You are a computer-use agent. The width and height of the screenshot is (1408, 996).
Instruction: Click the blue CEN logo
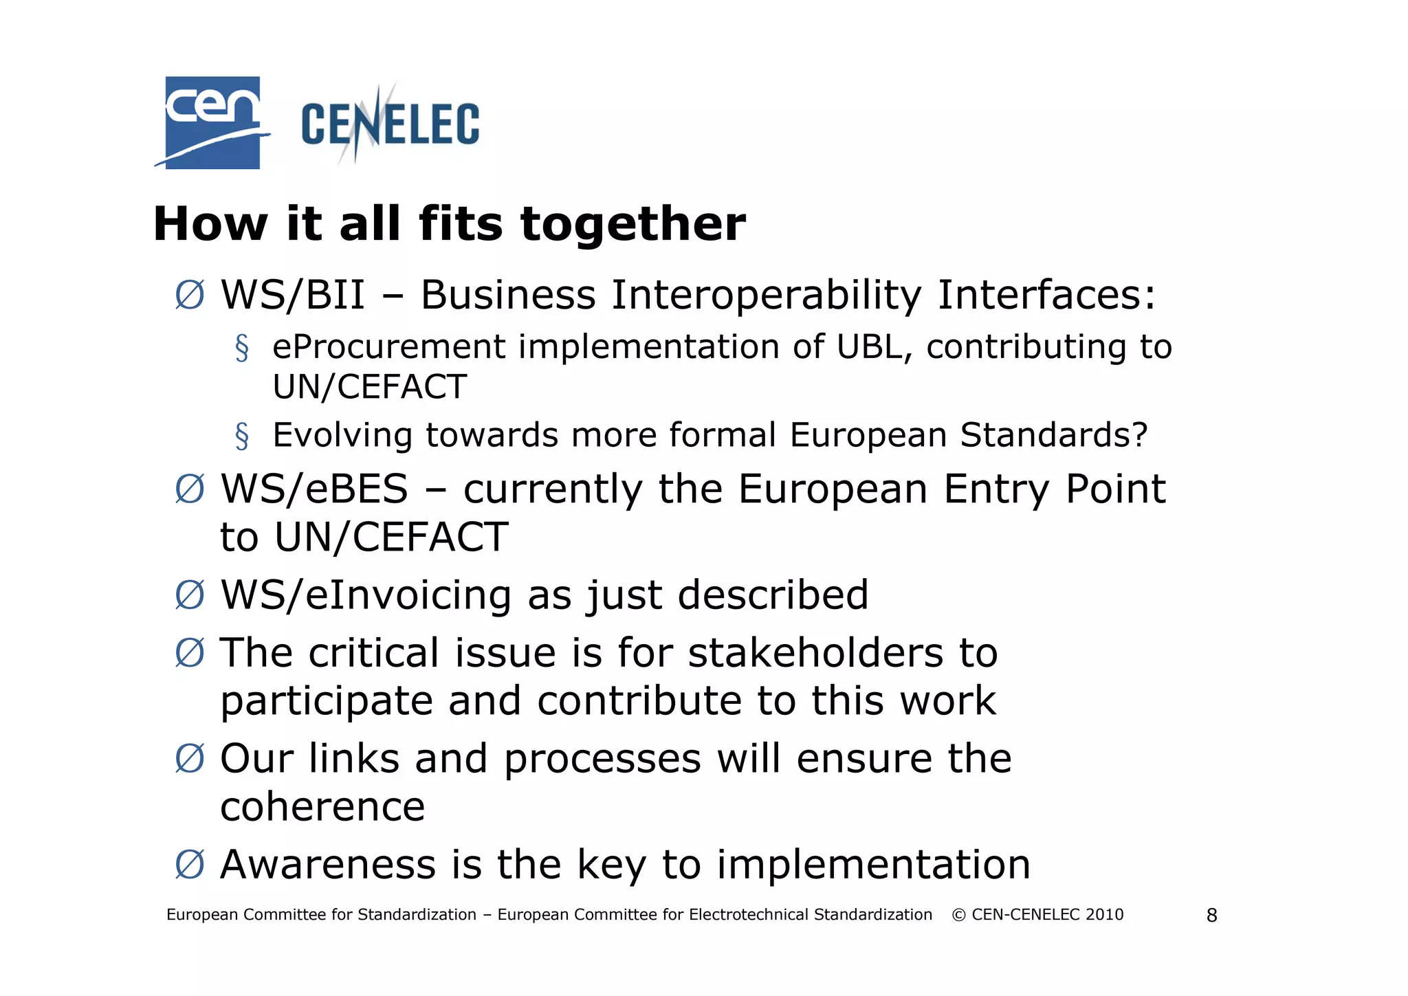click(x=212, y=122)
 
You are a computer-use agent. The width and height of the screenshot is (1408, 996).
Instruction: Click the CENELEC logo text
click(x=390, y=124)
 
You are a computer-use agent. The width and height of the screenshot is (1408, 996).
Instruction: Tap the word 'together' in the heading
click(x=632, y=224)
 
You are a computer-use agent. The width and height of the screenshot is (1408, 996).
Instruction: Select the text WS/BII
click(x=292, y=295)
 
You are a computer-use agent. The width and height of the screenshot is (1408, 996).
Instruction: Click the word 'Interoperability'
click(x=766, y=295)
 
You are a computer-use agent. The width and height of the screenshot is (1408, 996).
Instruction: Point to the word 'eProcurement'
click(x=388, y=347)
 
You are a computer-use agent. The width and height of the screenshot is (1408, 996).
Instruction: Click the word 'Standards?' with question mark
click(x=1053, y=435)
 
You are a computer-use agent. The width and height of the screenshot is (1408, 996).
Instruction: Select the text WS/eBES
click(x=314, y=489)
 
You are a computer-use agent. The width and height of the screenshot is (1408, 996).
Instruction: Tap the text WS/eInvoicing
click(x=366, y=595)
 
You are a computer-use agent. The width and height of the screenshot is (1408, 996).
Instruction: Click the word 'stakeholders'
click(x=815, y=652)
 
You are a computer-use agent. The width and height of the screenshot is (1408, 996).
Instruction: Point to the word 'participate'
click(x=327, y=701)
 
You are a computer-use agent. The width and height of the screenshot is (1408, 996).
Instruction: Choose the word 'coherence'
click(x=322, y=806)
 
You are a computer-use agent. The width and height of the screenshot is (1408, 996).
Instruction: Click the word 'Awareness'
click(x=328, y=864)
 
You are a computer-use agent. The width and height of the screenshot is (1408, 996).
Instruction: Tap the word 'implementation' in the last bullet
click(x=873, y=864)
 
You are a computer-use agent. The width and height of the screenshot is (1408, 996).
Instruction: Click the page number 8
click(x=1211, y=916)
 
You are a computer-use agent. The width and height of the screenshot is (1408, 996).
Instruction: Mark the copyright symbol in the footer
click(x=958, y=915)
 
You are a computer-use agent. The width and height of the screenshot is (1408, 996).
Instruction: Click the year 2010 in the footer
click(x=1104, y=915)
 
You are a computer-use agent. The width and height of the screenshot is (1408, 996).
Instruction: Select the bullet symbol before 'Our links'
click(x=190, y=759)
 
